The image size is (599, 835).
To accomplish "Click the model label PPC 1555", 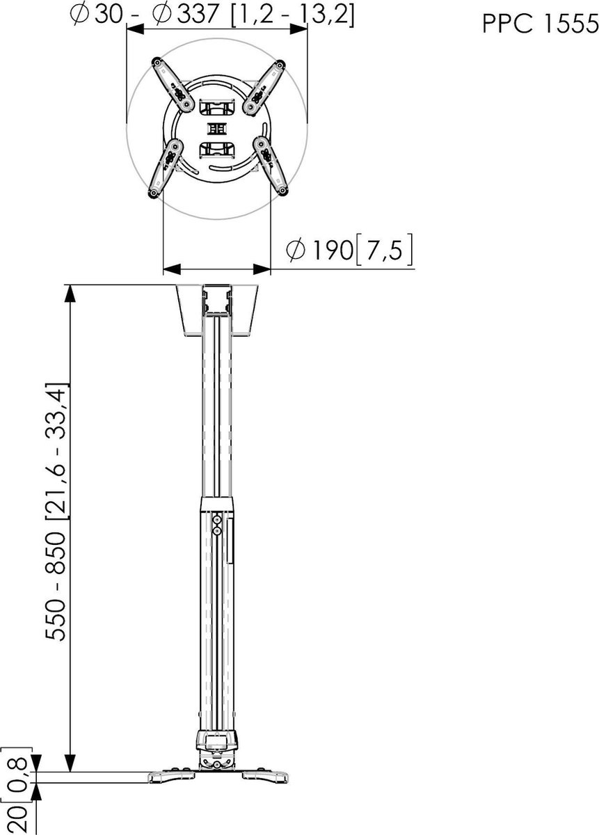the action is [540, 24].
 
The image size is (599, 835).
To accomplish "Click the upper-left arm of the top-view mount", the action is [173, 85].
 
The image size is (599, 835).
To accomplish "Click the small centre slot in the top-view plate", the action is [217, 129].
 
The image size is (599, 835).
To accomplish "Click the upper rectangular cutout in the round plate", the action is [217, 107].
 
